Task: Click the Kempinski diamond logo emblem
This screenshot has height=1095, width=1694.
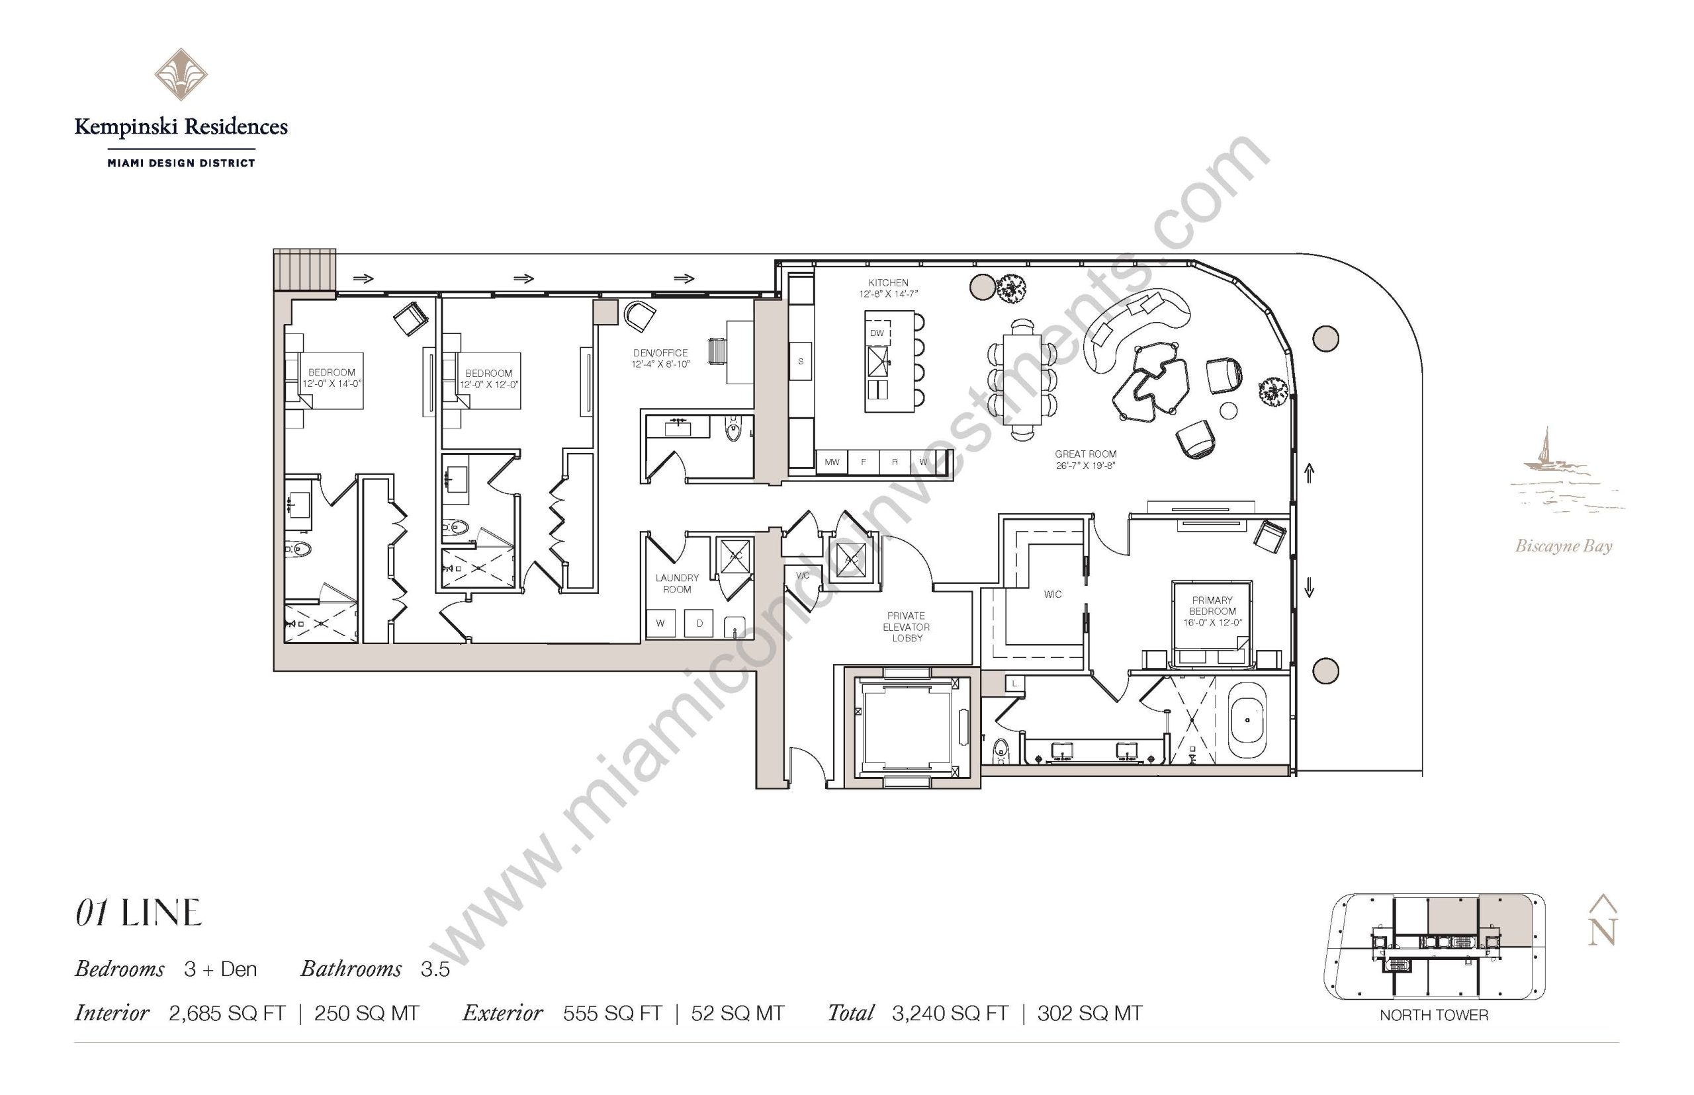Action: (x=181, y=74)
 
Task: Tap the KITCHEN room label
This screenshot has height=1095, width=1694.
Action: (x=888, y=282)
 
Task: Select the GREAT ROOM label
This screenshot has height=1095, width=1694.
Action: (x=1085, y=454)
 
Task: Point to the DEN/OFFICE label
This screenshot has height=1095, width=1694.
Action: (x=660, y=352)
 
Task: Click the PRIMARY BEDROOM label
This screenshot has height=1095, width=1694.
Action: (x=1212, y=605)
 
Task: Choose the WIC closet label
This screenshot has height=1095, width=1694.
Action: (x=1052, y=594)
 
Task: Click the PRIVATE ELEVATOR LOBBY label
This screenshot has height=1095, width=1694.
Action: (x=907, y=626)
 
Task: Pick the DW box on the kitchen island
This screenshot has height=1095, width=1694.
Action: (x=877, y=333)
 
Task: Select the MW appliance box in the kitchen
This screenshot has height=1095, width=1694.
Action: (x=832, y=462)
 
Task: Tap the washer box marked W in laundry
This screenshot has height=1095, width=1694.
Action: (x=660, y=624)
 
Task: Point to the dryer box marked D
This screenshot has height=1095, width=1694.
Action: (x=699, y=624)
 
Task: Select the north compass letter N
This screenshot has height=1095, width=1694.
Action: (x=1602, y=932)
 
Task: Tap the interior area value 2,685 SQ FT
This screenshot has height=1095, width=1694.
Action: (x=227, y=1013)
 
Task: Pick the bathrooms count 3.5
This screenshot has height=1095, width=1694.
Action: (x=435, y=969)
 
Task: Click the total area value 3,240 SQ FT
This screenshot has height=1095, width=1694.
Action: (x=950, y=1013)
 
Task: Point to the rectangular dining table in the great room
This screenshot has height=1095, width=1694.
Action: (x=1023, y=380)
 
